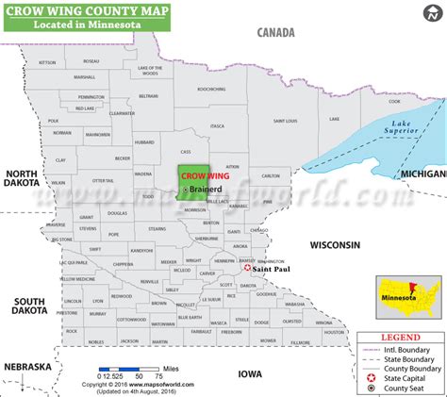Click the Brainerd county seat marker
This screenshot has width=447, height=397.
point(186,189)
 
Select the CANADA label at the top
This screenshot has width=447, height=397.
point(276,32)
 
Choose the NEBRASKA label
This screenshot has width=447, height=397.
point(25,366)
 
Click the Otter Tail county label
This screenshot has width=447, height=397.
point(104,180)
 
